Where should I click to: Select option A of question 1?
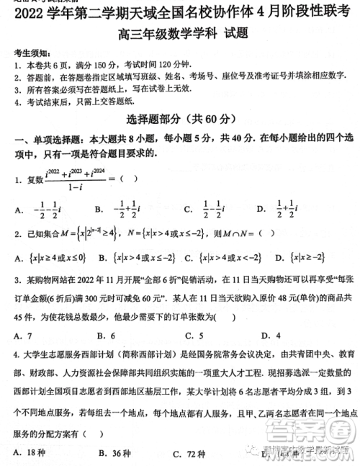pyautogui.click(x=32, y=210)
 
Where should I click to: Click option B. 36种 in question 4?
pyautogui.click(x=112, y=452)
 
